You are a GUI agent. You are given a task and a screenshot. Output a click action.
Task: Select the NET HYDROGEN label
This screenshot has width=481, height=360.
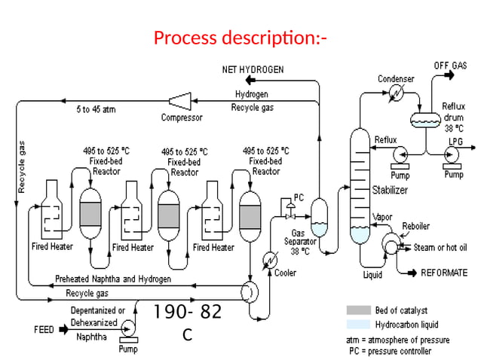[x=253, y=70]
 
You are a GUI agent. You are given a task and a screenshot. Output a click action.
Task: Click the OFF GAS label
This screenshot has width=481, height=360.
[x=449, y=66]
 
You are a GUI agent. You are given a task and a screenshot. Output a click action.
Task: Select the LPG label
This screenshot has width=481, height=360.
[x=455, y=141]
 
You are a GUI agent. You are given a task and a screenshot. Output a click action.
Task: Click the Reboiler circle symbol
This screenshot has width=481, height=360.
[x=391, y=243]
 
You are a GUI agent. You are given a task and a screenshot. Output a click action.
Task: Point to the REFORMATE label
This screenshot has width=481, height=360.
[x=443, y=272]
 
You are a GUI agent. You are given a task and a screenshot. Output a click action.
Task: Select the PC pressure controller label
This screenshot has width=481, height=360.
[x=299, y=197]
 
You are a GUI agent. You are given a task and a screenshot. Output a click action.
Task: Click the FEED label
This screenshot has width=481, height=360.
[x=44, y=330]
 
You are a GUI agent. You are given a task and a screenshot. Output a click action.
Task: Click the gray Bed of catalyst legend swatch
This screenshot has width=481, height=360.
[x=357, y=310]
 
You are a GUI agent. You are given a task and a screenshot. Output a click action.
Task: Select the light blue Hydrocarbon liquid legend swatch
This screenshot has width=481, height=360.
[x=357, y=325]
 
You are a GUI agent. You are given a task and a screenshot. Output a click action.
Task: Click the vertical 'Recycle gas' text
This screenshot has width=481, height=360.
[x=22, y=166]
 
